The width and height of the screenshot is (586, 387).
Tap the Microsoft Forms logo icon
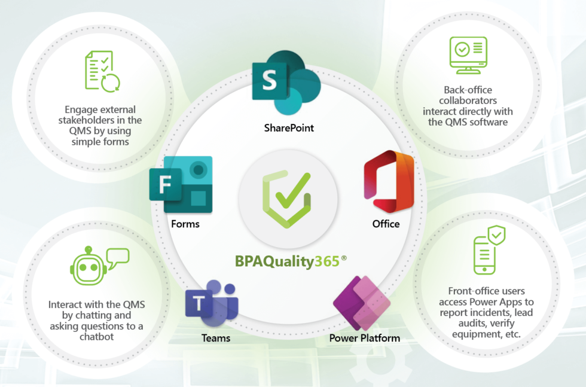click(181, 184)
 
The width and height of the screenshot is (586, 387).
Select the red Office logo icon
click(389, 182)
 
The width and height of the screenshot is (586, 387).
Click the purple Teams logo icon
click(212, 303)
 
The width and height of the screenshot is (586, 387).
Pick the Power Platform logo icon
click(361, 303)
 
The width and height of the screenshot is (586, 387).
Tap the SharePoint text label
click(289, 128)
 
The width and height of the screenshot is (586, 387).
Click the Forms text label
click(185, 224)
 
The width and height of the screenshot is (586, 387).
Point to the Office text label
click(386, 224)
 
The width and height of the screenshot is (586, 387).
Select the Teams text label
click(216, 338)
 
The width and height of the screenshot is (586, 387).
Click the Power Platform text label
click(365, 339)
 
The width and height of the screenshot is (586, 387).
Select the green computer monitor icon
click(468, 55)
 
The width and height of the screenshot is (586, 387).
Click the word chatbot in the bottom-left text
click(97, 337)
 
